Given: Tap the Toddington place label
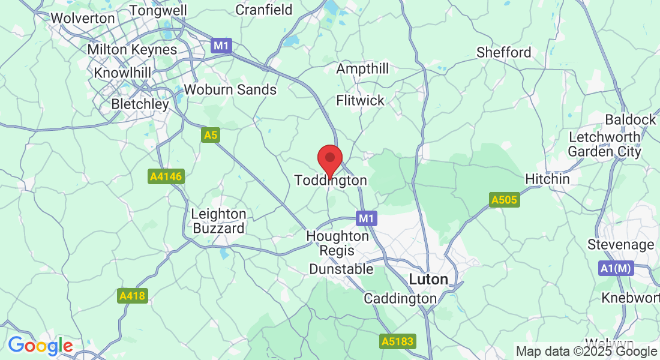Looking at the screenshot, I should click(331, 181).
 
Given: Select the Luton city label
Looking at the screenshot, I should click(428, 280).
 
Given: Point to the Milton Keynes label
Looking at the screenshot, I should click(132, 49).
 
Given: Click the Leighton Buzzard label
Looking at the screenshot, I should click(218, 221).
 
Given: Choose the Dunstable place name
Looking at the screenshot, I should click(341, 269).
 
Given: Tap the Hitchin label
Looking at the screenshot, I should click(547, 179).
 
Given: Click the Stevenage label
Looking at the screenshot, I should click(620, 245).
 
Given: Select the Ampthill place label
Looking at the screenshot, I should click(362, 69).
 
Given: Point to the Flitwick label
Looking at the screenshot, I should click(360, 100).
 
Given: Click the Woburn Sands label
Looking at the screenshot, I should click(230, 90).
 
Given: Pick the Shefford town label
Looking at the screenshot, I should click(504, 52).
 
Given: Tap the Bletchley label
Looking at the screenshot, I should click(140, 104).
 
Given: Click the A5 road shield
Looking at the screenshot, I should click(210, 136).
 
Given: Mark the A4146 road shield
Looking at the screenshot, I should click(166, 176).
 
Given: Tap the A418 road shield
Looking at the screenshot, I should click(133, 296).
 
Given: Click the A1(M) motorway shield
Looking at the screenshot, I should click(616, 268).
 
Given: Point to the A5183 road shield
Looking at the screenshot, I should click(397, 341).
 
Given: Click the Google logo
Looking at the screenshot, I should click(40, 346).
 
